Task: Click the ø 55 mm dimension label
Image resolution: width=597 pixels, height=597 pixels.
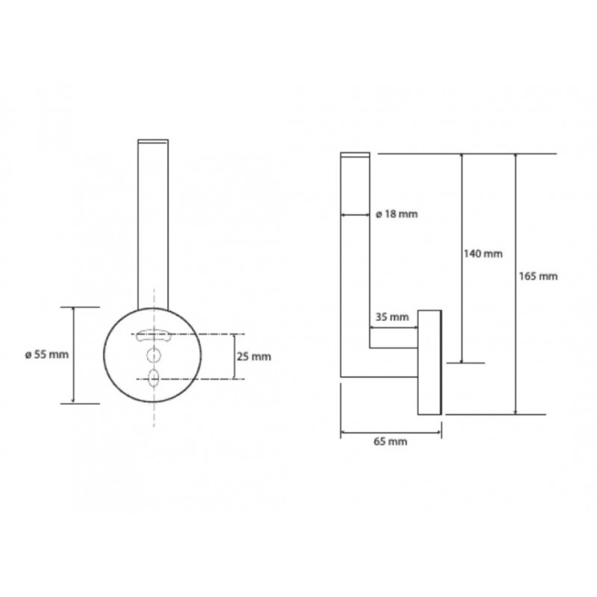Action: (47, 355)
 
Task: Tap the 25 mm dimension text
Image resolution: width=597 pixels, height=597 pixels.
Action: (254, 357)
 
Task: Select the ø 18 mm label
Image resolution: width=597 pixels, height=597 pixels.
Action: (397, 214)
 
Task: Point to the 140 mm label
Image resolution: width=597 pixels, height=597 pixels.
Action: (483, 254)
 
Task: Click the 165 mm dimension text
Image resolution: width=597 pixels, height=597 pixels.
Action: (538, 276)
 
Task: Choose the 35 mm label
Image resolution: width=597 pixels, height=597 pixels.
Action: (393, 316)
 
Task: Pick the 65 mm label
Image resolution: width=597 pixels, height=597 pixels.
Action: (390, 442)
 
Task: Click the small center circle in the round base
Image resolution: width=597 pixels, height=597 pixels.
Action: (154, 356)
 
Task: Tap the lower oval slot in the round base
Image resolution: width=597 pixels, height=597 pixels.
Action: (154, 378)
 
